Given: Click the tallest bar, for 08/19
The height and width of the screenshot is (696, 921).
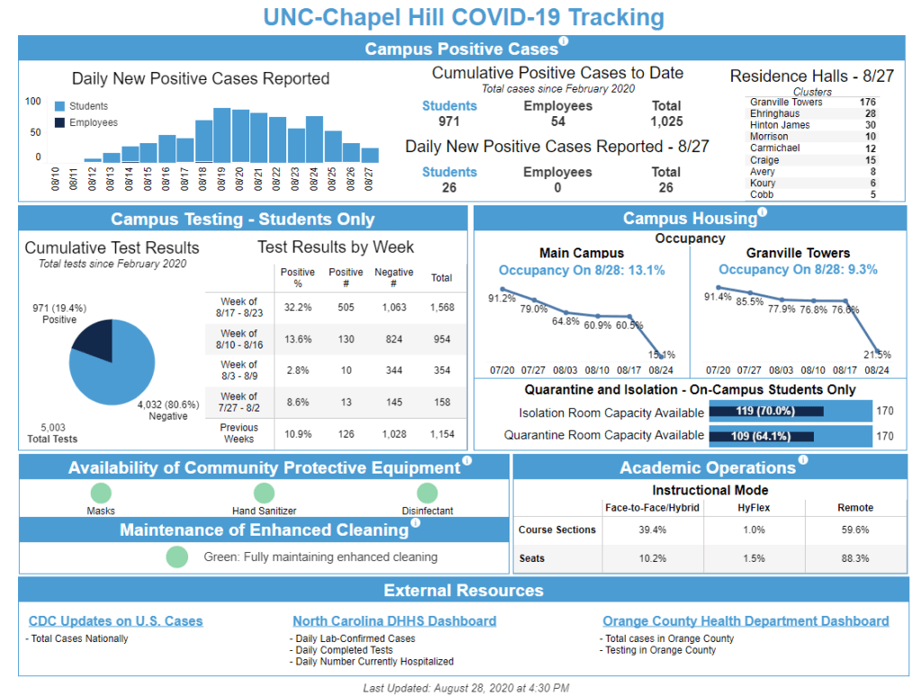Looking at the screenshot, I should (222, 135).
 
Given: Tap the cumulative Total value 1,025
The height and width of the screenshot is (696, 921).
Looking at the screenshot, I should (666, 122).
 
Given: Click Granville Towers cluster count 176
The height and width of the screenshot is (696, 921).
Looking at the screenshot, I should (867, 103).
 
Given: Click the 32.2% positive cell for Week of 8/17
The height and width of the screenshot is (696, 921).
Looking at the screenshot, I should (297, 308).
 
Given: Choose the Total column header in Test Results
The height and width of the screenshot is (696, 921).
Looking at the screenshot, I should (441, 278).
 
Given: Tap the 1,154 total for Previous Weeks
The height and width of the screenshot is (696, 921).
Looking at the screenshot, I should (441, 434).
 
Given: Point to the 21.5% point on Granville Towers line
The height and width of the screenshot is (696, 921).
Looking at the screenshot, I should (877, 353).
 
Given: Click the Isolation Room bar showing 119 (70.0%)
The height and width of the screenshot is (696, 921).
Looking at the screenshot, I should (766, 412).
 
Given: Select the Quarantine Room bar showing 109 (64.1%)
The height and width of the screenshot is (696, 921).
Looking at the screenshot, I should (762, 436).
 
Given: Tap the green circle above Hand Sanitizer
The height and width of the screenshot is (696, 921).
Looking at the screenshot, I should (264, 493).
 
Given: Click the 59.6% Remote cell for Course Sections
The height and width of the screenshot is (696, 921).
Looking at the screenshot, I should (855, 530).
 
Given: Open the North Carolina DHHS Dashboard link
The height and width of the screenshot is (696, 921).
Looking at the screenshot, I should (394, 621).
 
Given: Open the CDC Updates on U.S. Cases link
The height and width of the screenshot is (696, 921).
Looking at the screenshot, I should (115, 621).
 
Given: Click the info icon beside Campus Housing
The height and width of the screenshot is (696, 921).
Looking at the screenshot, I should (763, 213).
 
